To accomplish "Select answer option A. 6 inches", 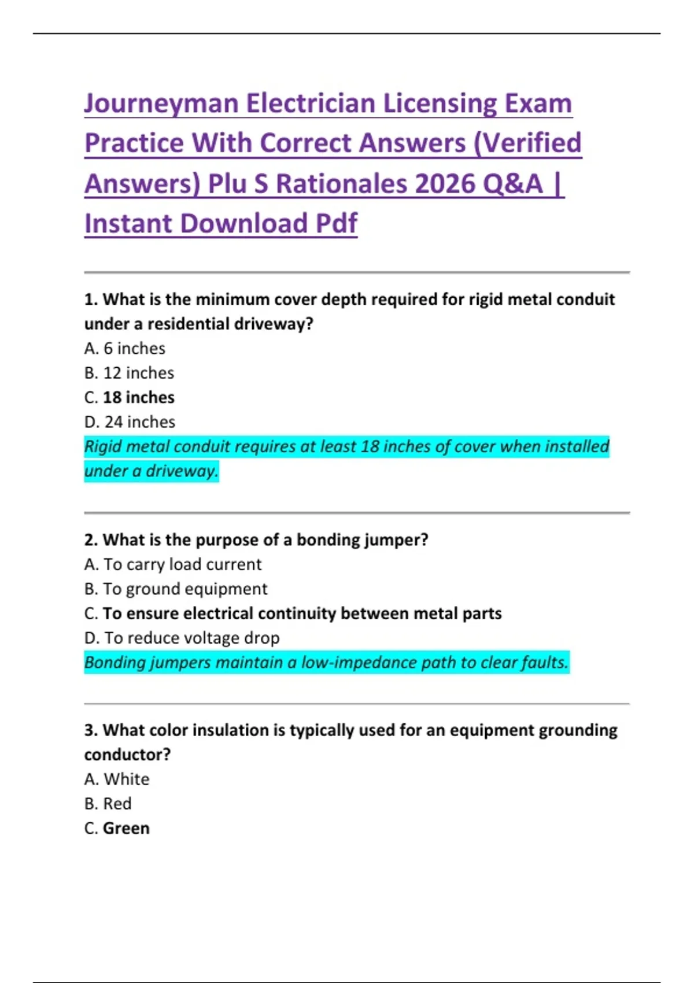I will pos(125,349).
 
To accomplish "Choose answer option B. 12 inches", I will pos(129,373).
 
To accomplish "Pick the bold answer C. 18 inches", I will pos(130,398).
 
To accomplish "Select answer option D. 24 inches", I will pos(130,422).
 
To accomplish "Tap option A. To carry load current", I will pos(173,564).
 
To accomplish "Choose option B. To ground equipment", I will pos(176,589).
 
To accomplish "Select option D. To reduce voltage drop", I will pos(182,638).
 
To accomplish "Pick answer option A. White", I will pos(117,779).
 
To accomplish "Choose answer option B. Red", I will pos(108,804).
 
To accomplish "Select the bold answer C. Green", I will pos(117,829).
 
